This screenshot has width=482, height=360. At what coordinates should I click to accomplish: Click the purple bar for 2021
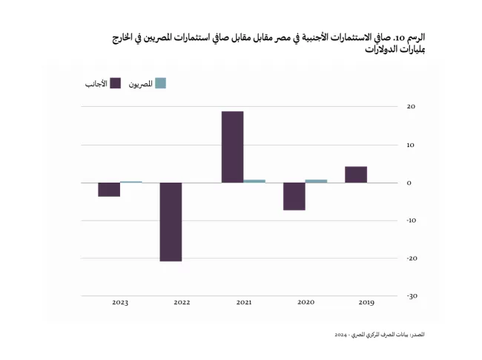tap(232, 147)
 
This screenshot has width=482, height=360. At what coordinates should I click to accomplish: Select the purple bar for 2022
tap(171, 222)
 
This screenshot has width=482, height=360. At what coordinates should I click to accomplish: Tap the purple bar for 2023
tap(109, 189)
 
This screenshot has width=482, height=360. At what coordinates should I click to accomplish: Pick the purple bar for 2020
tap(294, 196)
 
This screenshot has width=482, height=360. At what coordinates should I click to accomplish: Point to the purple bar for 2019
tap(356, 174)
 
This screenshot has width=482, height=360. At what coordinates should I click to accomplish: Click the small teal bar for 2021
tap(254, 181)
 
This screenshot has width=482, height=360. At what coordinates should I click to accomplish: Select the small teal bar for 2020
tap(316, 181)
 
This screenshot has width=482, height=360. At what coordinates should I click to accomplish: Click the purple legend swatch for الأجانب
tap(114, 83)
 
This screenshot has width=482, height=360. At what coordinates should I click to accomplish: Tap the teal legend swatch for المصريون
tap(160, 83)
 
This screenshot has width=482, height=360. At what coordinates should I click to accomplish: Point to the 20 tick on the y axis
tap(410, 106)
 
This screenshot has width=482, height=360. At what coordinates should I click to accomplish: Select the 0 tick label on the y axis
tap(409, 183)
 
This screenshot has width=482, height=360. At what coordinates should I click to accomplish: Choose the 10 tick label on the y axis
tap(410, 144)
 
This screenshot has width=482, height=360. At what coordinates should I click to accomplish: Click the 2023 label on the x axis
tap(120, 302)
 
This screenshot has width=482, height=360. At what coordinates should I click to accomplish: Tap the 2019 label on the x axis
tap(366, 302)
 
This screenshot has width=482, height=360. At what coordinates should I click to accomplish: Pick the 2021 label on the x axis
tap(243, 302)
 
